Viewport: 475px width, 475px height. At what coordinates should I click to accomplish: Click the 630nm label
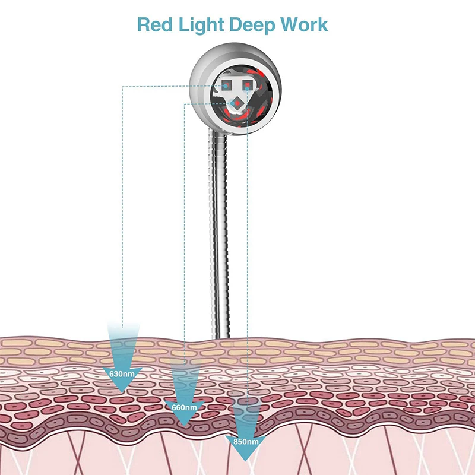pyautogui.click(x=121, y=374)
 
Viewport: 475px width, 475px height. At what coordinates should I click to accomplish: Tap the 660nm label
pyautogui.click(x=185, y=407)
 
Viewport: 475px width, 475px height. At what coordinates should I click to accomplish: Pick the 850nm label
pyautogui.click(x=246, y=441)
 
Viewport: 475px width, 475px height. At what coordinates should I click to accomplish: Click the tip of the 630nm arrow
pyautogui.click(x=122, y=392)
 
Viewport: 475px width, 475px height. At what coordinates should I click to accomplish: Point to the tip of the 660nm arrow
pyautogui.click(x=185, y=426)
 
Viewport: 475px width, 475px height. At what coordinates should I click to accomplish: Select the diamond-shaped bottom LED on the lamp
pyautogui.click(x=236, y=105)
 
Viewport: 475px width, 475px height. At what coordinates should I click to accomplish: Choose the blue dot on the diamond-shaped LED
pyautogui.click(x=236, y=105)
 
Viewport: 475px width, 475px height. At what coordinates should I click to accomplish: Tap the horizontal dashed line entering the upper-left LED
pyautogui.click(x=172, y=86)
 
